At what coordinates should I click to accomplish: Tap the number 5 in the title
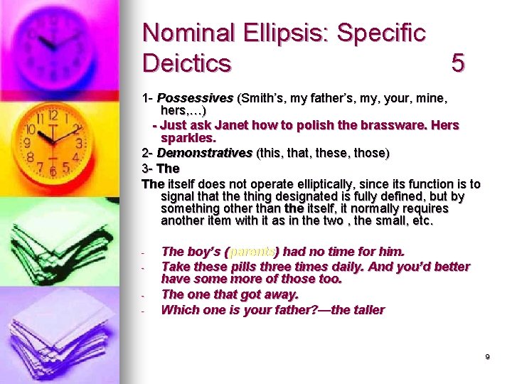pos(458,63)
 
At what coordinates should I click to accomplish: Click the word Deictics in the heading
pos(187,63)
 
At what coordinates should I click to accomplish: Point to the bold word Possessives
pos(195,97)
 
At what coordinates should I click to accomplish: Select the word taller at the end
pos(367,309)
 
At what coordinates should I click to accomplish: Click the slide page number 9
pos(487,357)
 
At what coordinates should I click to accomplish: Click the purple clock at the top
pos(53,46)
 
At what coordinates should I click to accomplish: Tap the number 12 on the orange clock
pos(51,115)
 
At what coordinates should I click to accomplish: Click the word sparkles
pos(188,137)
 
